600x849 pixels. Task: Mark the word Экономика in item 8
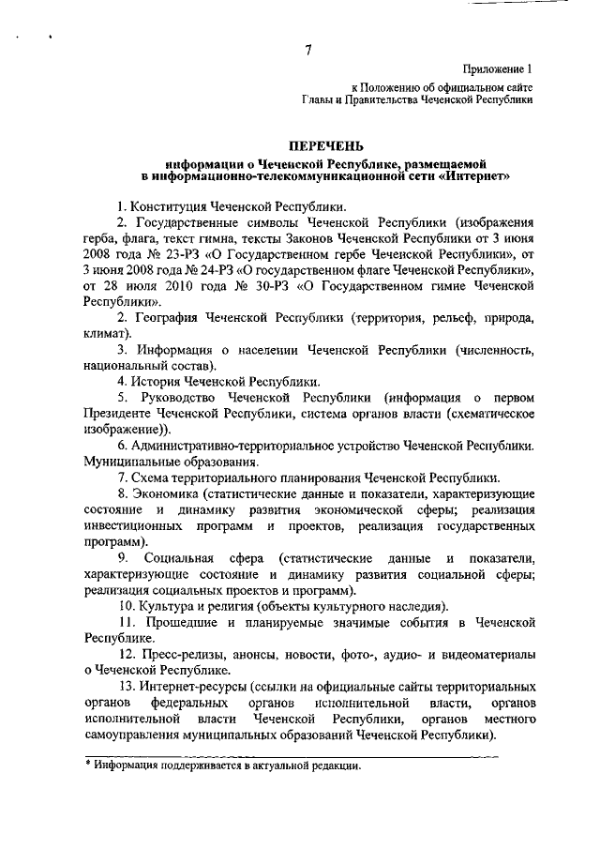(166, 494)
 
